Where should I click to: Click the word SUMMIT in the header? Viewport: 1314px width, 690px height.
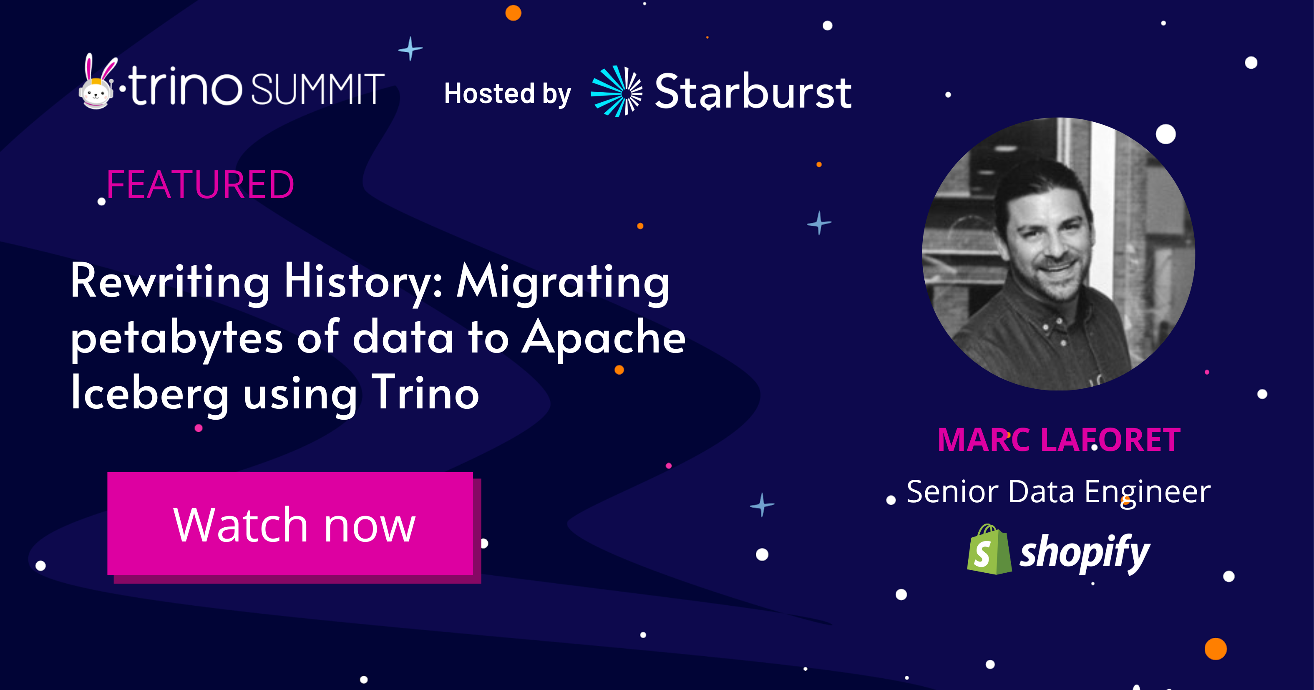coord(317,89)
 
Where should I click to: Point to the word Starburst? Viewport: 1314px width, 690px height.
coord(753,92)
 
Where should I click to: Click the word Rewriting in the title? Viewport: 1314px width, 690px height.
coord(170,282)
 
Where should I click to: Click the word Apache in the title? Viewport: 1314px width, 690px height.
coord(604,338)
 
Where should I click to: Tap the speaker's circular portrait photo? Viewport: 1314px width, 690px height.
coord(1058,254)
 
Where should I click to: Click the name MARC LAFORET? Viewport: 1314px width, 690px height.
coord(1059,440)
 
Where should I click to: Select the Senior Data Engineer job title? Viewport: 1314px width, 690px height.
coord(1058,493)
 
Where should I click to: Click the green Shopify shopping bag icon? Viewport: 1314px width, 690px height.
coord(989,549)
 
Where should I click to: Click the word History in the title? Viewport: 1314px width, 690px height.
coord(364,282)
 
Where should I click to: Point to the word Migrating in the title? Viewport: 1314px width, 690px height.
coord(563,282)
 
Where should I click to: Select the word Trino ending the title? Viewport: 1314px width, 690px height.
coord(425,393)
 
